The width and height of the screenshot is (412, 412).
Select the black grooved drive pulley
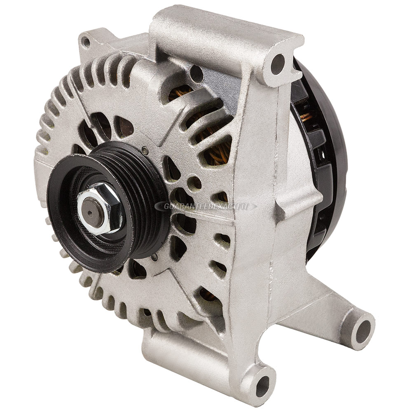[x=108, y=203]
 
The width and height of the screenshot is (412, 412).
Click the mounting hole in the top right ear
[x=277, y=64]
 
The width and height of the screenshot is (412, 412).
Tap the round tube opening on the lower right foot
[x=363, y=330]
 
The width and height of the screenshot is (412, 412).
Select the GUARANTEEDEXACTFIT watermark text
[x=206, y=206]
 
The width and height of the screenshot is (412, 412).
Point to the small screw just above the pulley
[x=145, y=150]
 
